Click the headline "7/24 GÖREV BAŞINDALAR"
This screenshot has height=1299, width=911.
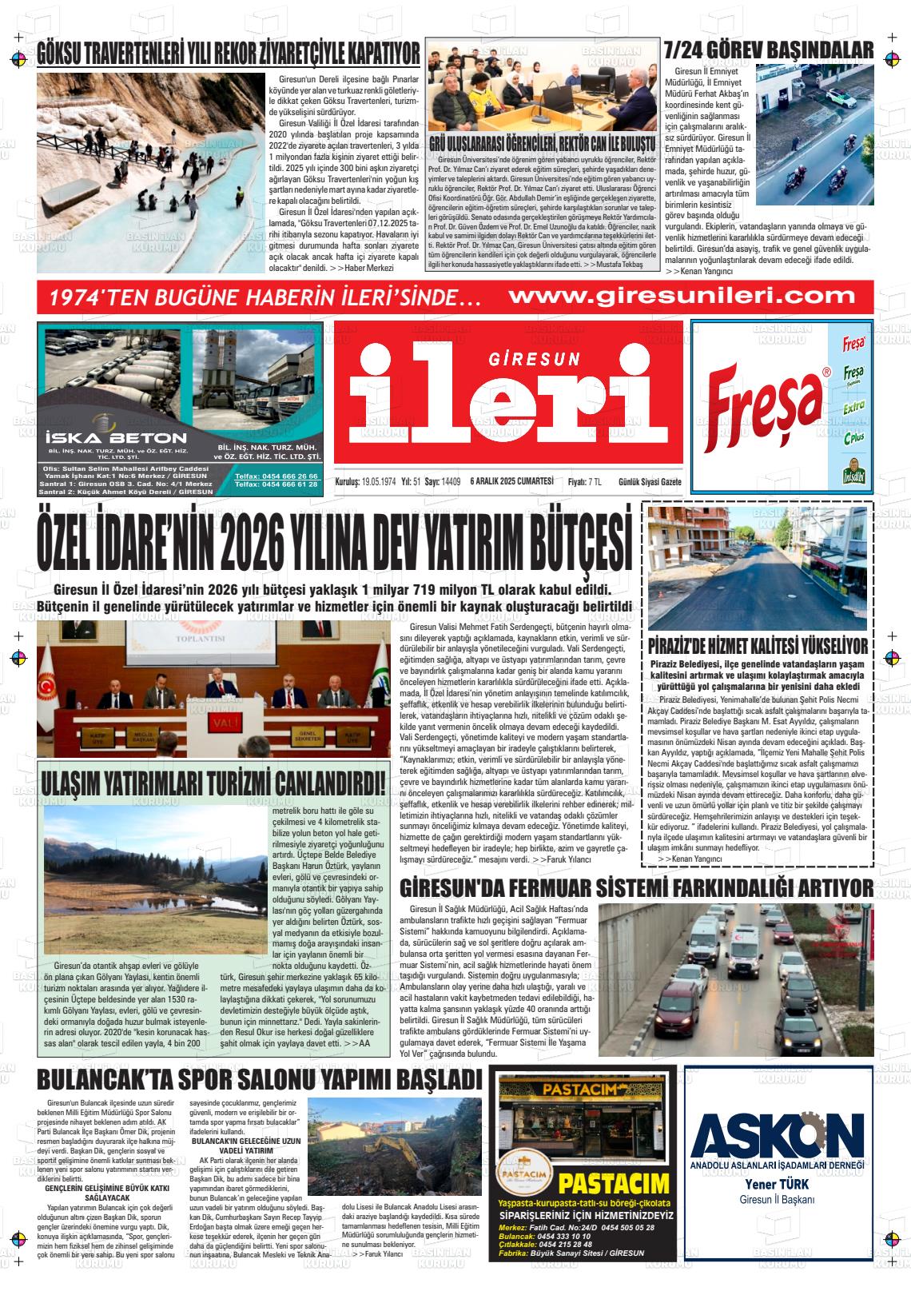(x=768, y=51)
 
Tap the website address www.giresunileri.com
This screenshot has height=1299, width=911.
(x=682, y=296)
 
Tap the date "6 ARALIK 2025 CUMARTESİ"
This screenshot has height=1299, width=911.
(x=512, y=481)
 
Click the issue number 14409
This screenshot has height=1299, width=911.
(x=451, y=481)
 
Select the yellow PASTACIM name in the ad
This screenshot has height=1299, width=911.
(x=615, y=1183)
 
